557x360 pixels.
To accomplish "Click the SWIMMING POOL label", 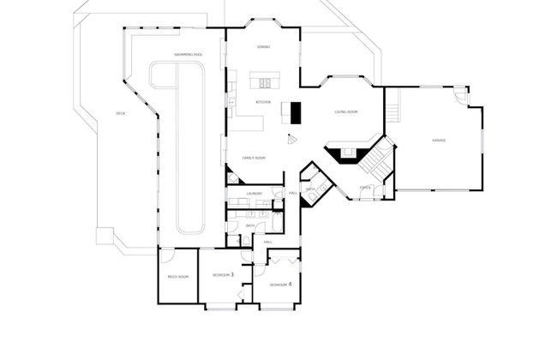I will [188, 54].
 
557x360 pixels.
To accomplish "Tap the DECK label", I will [120, 114].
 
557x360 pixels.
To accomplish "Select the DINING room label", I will [264, 47].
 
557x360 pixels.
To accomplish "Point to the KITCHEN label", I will [263, 102].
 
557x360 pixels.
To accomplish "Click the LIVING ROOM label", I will [346, 112].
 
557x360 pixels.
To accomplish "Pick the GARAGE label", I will [438, 140].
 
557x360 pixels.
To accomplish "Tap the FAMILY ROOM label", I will [254, 158].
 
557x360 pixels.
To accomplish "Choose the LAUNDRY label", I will [254, 194].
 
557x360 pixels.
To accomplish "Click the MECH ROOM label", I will [177, 276].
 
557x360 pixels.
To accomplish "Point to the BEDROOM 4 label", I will [281, 284].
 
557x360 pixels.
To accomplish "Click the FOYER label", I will [365, 187].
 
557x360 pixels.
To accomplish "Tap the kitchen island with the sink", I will [265, 82].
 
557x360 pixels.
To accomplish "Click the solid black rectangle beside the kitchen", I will [296, 113].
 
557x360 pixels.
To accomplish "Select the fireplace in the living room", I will [346, 154].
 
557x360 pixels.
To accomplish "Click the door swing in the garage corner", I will [462, 95].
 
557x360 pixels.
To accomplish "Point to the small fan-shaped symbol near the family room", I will [292, 141].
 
